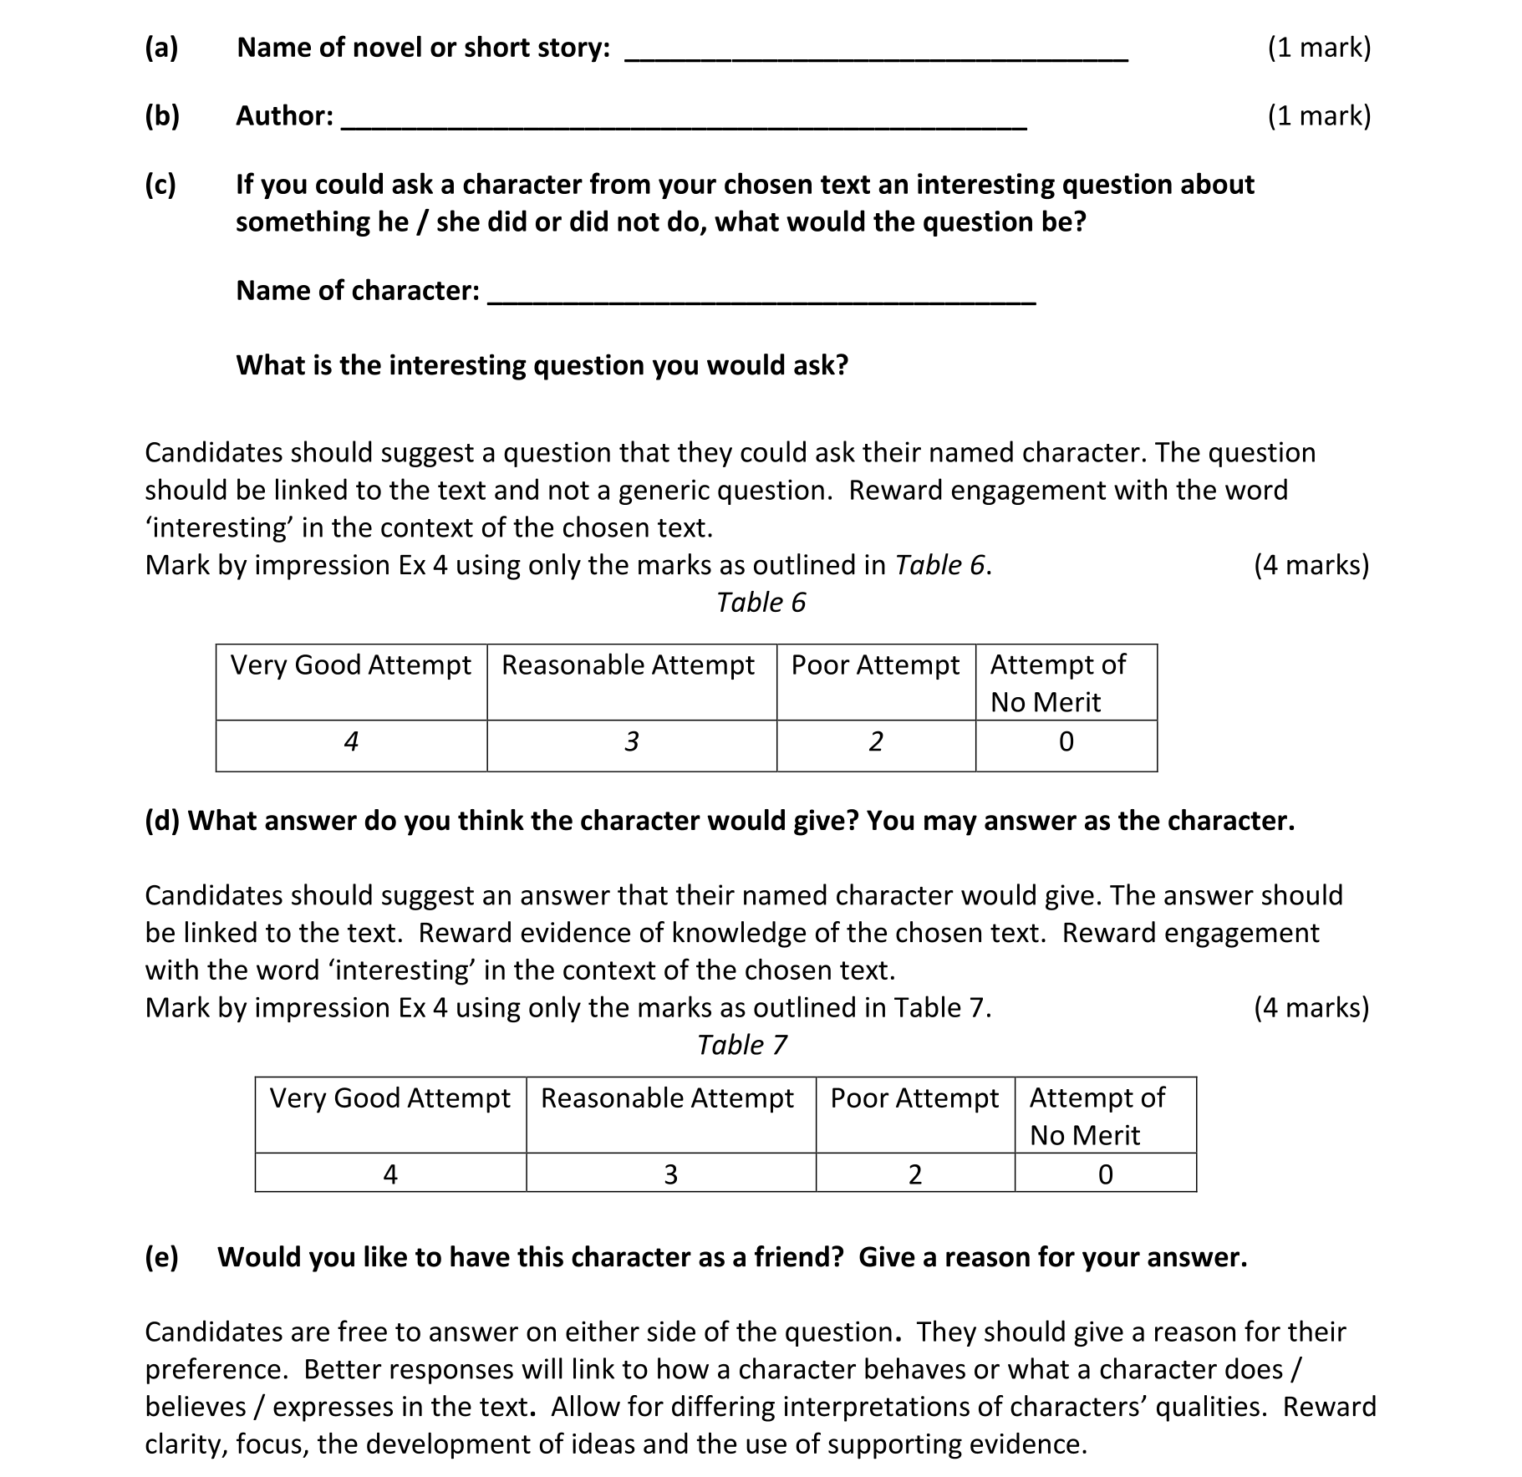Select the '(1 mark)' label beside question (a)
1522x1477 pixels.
coord(1319,48)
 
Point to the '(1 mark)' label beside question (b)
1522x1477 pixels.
coord(1319,115)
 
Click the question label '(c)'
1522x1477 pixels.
coord(160,184)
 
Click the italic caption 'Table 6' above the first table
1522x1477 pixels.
coord(761,602)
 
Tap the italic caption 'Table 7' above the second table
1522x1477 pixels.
coord(741,1045)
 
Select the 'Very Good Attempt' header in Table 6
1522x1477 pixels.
coord(350,665)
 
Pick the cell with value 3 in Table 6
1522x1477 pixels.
coord(631,742)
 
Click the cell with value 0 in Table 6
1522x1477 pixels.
coord(1066,742)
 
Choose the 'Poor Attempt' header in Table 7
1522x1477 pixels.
coord(914,1098)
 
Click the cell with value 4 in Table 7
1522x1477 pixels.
coord(389,1175)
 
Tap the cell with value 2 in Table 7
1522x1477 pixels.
coord(914,1175)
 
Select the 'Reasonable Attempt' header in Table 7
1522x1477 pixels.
coord(667,1098)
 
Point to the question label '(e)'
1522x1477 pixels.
coord(161,1257)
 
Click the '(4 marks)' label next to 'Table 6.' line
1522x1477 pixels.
coord(1311,565)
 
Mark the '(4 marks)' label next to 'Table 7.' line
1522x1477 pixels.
coord(1311,1007)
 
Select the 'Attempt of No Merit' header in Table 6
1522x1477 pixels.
coord(1057,683)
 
